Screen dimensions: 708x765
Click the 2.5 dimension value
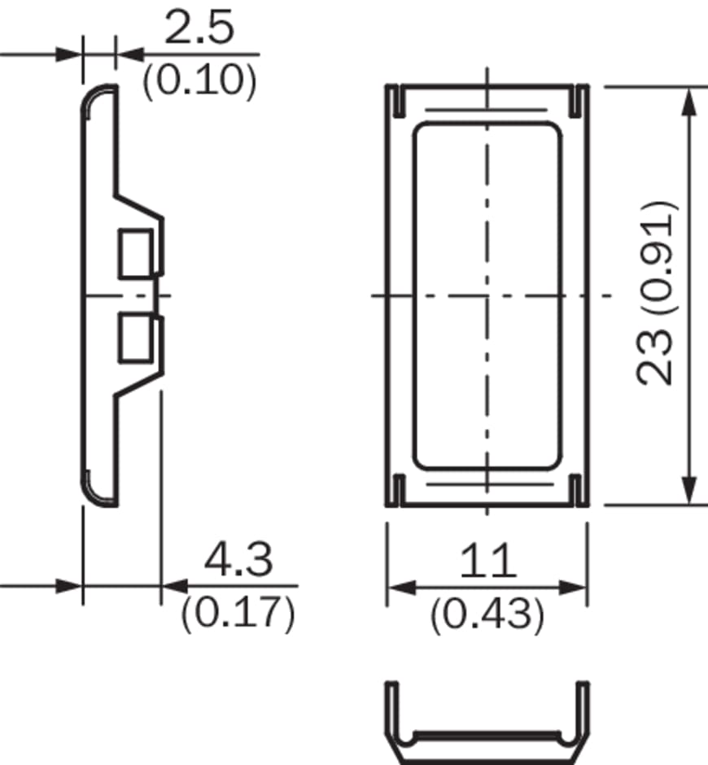(x=199, y=28)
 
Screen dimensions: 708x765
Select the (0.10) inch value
(x=199, y=80)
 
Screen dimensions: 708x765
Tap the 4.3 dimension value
(x=238, y=559)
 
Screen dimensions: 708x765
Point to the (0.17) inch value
(x=238, y=613)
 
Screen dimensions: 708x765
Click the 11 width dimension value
(x=488, y=560)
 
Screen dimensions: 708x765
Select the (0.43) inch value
(x=487, y=614)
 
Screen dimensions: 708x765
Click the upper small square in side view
(x=136, y=254)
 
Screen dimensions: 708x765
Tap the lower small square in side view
(x=136, y=339)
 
